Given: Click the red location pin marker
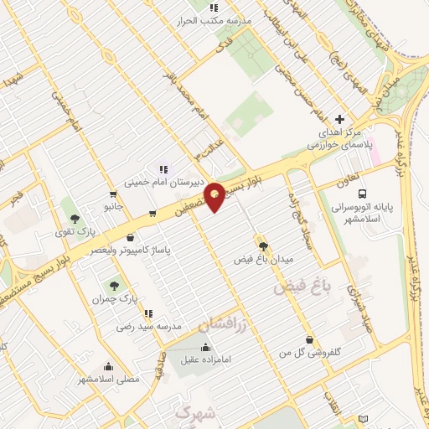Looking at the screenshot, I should click(214, 197).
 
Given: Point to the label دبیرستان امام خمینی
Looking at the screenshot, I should click(158, 181).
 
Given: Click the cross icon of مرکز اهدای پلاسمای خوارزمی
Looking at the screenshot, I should click(339, 119).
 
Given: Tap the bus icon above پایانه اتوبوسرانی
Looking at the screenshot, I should click(386, 193).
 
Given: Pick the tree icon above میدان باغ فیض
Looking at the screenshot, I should click(264, 246).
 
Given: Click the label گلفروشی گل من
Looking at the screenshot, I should click(311, 353).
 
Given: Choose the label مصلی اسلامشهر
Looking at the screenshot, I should click(109, 379).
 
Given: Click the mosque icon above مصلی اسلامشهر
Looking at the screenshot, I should click(109, 365).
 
